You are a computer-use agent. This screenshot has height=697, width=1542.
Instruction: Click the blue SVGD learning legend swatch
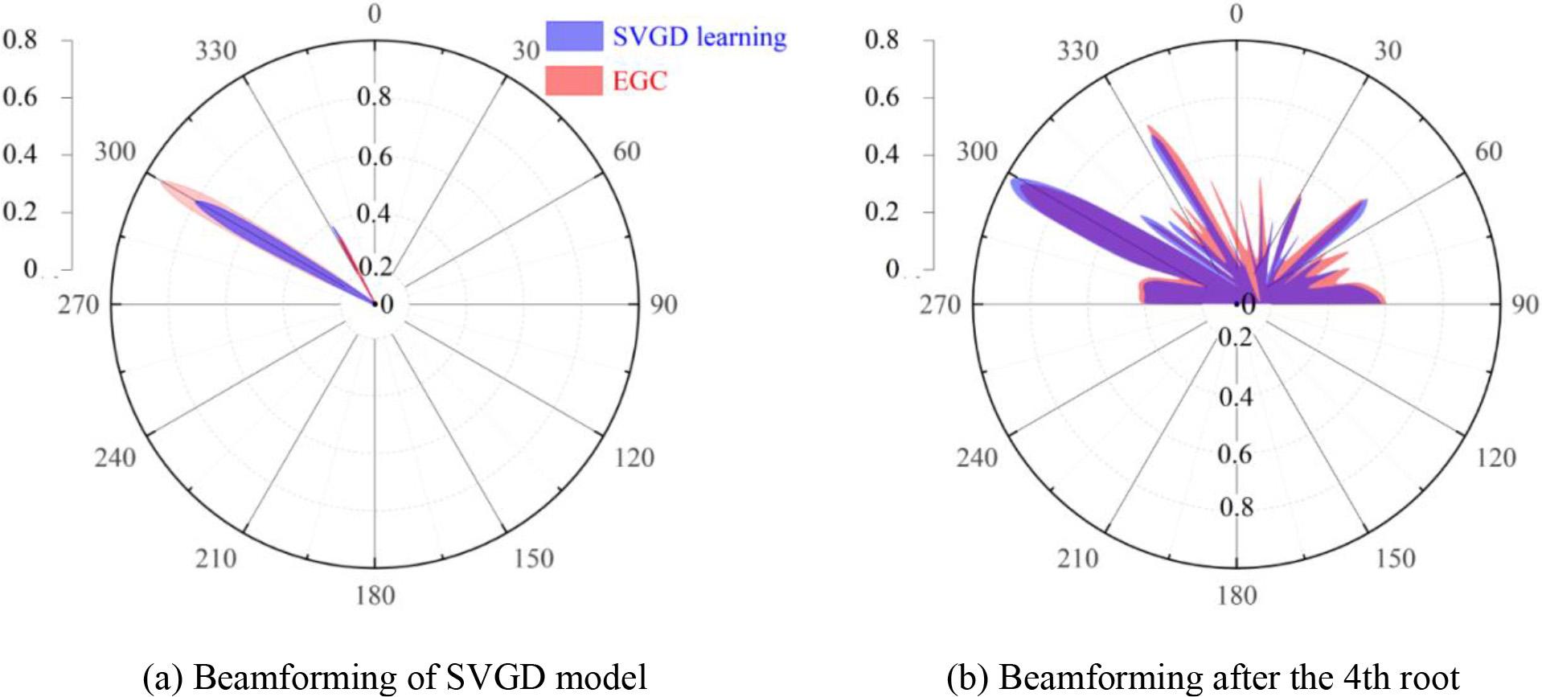[573, 36]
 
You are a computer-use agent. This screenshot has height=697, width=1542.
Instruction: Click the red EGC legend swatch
[573, 80]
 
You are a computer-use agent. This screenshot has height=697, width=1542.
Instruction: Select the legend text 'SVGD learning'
[699, 37]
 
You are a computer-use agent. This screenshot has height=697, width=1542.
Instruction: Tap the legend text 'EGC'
[640, 81]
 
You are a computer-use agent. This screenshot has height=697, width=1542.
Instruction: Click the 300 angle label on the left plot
[115, 152]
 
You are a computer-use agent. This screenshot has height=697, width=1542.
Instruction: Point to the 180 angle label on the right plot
[1236, 596]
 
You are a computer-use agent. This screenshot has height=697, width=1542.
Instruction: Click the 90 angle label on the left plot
[663, 305]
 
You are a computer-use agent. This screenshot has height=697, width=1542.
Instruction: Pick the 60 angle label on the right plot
[1488, 152]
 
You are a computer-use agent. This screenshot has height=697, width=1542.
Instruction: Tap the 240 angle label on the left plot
[115, 458]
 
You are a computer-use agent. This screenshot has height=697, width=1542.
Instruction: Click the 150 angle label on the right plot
[1395, 559]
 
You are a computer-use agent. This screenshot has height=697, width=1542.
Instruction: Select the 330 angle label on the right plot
[1077, 51]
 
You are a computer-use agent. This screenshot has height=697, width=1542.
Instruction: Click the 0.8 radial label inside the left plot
[374, 97]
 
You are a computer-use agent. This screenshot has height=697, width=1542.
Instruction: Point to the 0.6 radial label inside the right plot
[1236, 454]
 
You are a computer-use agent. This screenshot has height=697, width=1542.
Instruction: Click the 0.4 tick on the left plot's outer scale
[20, 154]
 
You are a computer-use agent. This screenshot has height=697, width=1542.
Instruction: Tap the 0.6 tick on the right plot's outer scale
[882, 97]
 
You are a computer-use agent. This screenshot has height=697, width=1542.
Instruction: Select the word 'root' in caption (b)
[1428, 678]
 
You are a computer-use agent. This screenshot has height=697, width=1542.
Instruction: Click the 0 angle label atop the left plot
[374, 14]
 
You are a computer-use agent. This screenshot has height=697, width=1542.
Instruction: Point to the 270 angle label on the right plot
[940, 305]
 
